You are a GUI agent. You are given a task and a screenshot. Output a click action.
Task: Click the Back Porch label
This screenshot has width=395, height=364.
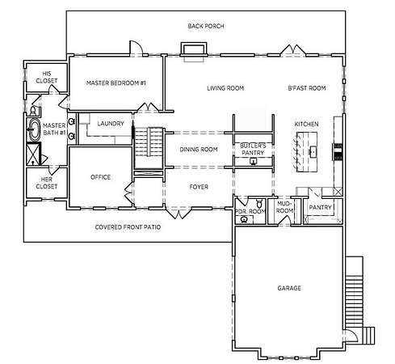tap(206, 26)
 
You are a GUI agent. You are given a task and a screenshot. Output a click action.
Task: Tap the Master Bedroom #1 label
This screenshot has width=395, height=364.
tap(116, 83)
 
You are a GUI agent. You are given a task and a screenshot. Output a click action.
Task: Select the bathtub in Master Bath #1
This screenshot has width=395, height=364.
tap(34, 129)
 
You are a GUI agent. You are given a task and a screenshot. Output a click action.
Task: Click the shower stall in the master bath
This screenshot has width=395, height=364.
tap(33, 154)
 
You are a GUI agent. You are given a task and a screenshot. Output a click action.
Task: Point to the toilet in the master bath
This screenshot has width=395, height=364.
tap(33, 111)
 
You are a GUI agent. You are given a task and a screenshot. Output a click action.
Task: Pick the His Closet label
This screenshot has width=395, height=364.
tap(47, 77)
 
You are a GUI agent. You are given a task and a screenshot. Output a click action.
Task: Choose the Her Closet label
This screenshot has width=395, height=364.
tap(47, 183)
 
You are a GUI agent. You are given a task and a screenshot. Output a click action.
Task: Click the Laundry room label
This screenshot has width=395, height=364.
tap(111, 124)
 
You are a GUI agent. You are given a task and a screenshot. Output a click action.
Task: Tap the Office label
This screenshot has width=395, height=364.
tap(100, 177)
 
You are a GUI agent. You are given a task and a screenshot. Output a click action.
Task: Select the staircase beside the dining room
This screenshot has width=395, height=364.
tap(149, 142)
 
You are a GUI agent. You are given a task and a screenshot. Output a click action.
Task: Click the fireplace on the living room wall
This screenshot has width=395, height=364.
tap(194, 51)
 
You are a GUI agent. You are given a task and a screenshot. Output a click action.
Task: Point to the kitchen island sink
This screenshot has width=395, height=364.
tap(313, 151)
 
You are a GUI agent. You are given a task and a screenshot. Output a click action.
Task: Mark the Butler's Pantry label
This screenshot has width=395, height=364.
tap(253, 149)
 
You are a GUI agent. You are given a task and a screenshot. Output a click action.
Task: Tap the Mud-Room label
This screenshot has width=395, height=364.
tap(284, 207)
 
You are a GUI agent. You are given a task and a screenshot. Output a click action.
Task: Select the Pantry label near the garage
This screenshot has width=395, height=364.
tap(320, 207)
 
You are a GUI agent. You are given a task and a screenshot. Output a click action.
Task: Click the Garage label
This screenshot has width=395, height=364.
tap(289, 288)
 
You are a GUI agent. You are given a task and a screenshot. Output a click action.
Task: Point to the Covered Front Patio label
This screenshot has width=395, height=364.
tap(128, 227)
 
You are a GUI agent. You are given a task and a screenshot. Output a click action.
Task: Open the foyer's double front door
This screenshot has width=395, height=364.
tap(178, 213)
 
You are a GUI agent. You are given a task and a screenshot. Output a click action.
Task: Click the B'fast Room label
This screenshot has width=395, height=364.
tap(307, 88)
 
